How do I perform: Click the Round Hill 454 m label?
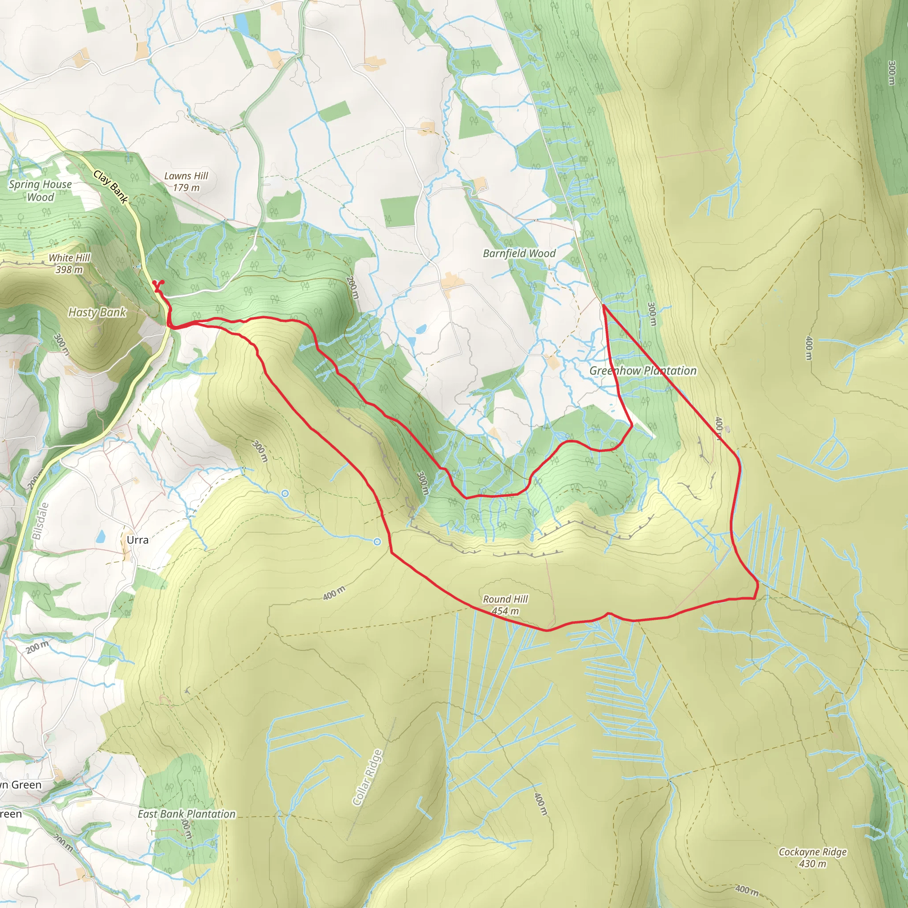(505, 605)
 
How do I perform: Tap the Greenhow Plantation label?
(642, 371)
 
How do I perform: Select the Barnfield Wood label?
(519, 253)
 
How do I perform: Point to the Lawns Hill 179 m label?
(186, 181)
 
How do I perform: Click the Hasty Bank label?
(97, 312)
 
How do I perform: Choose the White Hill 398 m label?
(69, 263)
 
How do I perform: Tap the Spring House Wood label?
(40, 190)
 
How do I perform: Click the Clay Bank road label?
(110, 187)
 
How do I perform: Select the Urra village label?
(137, 540)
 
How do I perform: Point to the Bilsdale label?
(40, 521)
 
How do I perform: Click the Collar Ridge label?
(368, 778)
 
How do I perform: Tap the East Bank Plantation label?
(187, 814)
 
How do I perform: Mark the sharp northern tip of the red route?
(603, 305)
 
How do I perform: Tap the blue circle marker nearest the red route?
(377, 542)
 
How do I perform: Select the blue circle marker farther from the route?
(285, 493)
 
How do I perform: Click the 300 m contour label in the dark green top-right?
(892, 72)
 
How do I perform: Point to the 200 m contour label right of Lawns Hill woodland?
(353, 288)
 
